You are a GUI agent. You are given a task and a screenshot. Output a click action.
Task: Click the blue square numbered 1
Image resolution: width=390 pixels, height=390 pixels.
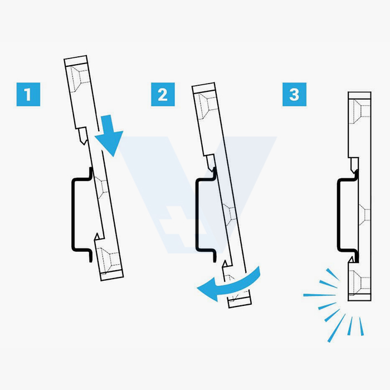click(28, 95)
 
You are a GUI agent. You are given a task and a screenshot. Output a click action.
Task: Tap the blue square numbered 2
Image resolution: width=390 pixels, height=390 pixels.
click(163, 95)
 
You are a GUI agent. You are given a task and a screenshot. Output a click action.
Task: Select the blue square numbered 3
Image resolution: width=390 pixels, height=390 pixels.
click(295, 95)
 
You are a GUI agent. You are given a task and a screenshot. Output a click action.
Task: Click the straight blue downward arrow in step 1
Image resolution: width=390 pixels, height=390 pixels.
click(109, 135)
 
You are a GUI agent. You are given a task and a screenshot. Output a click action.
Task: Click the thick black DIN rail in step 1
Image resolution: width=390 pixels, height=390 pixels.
click(74, 214)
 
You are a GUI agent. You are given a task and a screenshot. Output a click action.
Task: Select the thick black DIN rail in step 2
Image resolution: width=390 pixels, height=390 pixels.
click(198, 214)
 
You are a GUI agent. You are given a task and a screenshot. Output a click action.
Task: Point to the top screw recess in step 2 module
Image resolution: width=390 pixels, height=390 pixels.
click(208, 105)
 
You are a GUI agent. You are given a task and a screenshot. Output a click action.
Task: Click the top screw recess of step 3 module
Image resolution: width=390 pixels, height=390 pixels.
click(359, 111)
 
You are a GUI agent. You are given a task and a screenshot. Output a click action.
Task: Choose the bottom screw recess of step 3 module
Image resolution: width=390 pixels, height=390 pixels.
click(359, 282)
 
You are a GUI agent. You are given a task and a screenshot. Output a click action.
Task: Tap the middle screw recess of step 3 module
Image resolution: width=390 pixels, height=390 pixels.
click(364, 214)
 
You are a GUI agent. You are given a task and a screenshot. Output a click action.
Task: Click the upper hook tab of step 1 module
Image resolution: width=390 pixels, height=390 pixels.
click(82, 136)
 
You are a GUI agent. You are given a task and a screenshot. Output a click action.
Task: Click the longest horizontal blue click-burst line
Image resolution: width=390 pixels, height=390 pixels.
click(319, 295)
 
